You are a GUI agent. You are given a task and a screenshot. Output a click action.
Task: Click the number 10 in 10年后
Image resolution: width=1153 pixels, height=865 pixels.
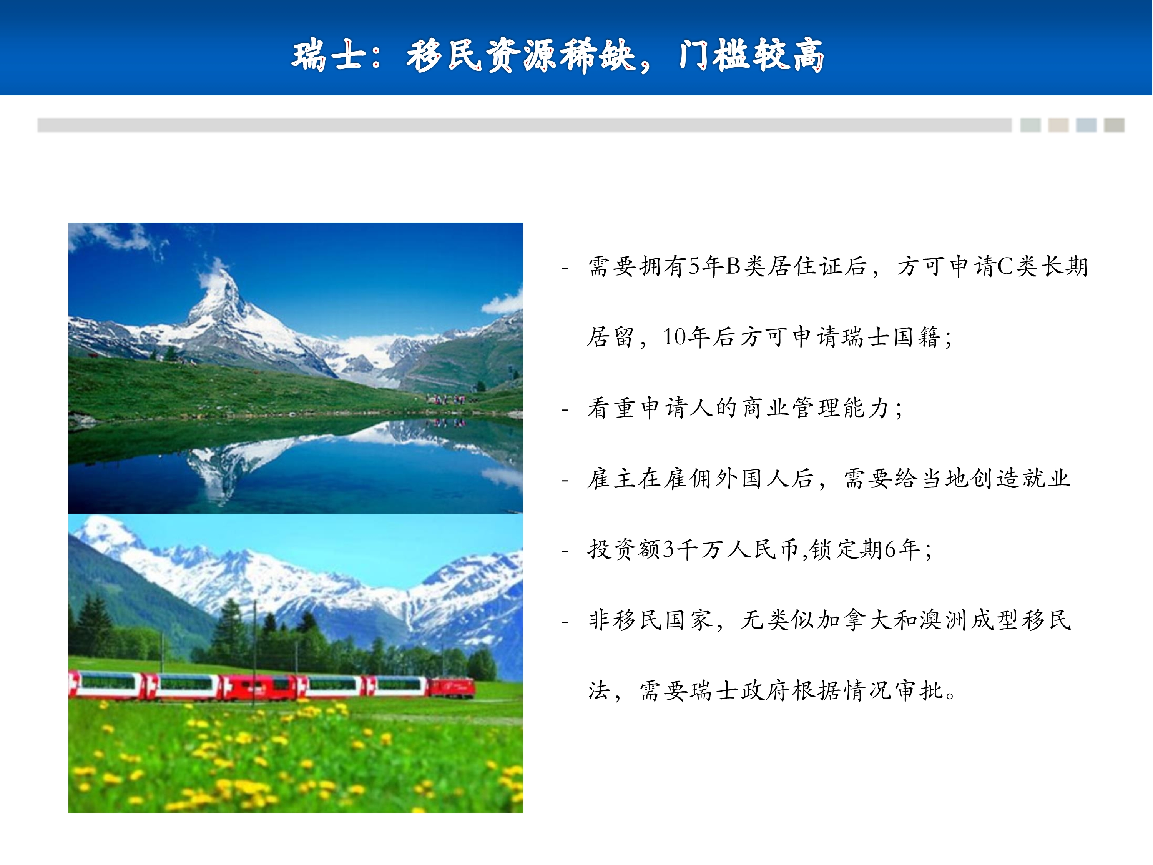coord(675,337)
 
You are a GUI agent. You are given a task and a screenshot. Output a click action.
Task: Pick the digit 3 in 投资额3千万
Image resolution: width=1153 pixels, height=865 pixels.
coord(668,549)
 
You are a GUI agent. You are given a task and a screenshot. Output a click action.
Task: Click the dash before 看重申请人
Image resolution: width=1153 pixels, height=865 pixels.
coord(565,410)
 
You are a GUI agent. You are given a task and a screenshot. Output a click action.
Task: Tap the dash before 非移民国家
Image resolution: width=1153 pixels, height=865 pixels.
coord(565,622)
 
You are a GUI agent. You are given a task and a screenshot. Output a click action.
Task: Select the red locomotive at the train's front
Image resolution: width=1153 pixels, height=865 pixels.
coord(452,688)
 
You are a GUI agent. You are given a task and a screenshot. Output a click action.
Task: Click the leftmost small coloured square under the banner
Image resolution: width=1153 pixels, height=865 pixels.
coord(1030,125)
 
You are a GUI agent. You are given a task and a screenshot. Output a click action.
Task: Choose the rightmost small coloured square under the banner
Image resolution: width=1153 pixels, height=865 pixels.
coord(1114,125)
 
